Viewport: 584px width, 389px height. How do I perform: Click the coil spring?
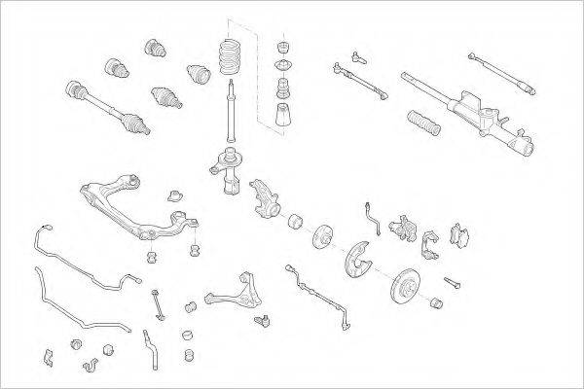click(230, 57)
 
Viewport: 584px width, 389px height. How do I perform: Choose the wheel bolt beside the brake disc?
click(451, 283)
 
